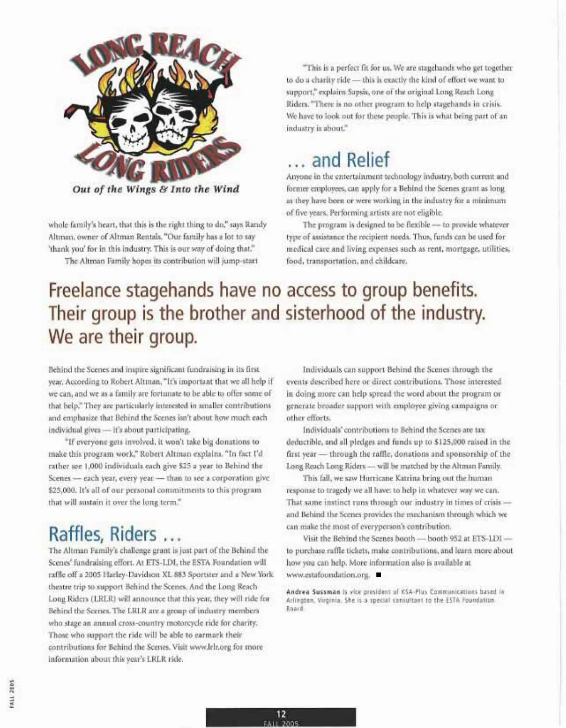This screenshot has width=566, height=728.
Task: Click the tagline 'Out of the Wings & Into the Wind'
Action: tap(156, 189)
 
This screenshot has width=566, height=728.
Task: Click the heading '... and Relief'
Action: tap(338, 160)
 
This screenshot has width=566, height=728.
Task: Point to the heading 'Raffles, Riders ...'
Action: tap(115, 534)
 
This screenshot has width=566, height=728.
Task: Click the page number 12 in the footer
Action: tap(281, 714)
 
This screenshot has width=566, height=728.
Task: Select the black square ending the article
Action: tap(378, 575)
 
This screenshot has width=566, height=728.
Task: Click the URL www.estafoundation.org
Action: tap(328, 575)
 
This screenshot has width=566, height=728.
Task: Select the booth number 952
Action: tap(457, 539)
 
